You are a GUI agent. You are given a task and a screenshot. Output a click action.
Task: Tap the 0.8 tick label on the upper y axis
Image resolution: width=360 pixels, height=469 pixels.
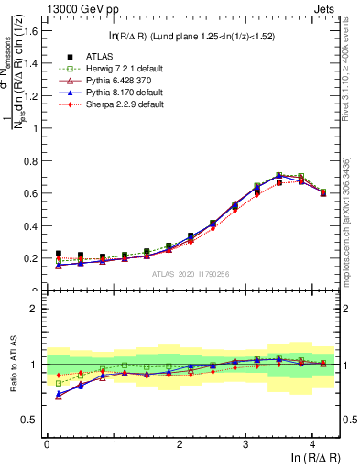tap(30, 160)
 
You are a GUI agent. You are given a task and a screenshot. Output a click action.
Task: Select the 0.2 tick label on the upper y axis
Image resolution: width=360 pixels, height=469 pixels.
tap(30, 258)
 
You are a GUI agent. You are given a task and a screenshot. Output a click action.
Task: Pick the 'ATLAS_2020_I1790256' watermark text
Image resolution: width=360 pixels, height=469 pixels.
tap(191, 274)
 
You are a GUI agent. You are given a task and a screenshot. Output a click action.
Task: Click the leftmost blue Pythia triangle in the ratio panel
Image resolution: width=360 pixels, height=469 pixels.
tap(59, 395)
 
